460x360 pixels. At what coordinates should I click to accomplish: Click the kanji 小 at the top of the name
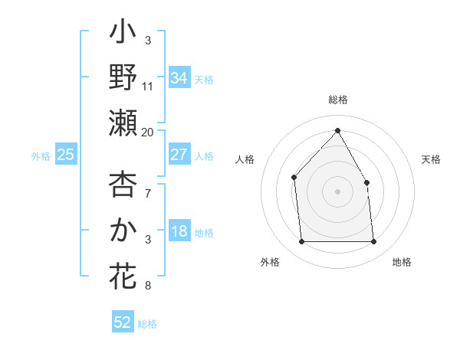click(123, 34)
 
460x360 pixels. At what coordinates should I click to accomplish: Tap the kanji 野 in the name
click(123, 77)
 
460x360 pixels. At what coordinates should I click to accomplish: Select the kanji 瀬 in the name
click(123, 123)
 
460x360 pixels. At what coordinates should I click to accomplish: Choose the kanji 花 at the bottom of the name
click(123, 274)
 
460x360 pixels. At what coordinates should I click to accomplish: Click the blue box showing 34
click(179, 78)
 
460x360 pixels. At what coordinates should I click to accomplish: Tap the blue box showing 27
click(179, 155)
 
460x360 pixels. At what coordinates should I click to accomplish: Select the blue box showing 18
click(179, 232)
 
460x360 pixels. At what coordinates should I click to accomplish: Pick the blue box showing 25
click(65, 155)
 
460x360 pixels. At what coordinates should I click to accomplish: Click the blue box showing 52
click(123, 322)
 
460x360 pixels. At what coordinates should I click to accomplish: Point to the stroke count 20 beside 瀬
click(148, 132)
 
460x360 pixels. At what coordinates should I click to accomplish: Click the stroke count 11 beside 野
click(148, 87)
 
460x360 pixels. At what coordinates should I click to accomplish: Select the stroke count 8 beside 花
click(148, 286)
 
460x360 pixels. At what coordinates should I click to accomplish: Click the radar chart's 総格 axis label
click(337, 100)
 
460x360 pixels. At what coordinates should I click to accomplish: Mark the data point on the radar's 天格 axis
click(366, 182)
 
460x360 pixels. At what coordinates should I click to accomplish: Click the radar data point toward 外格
click(301, 242)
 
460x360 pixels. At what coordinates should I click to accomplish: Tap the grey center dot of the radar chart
click(337, 191)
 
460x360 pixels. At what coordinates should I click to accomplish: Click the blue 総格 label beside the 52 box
click(147, 324)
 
